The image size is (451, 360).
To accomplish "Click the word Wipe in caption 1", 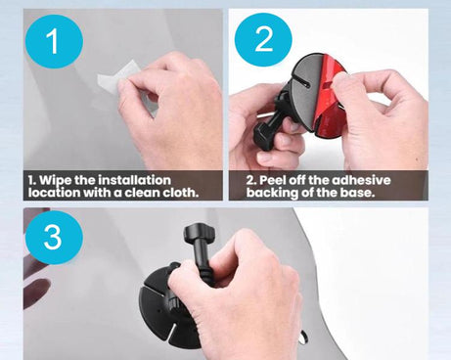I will [59, 181].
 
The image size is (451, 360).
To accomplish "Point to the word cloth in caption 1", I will [177, 193].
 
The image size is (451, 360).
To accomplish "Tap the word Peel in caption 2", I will [274, 181].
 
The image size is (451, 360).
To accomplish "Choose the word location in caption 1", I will [54, 193].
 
